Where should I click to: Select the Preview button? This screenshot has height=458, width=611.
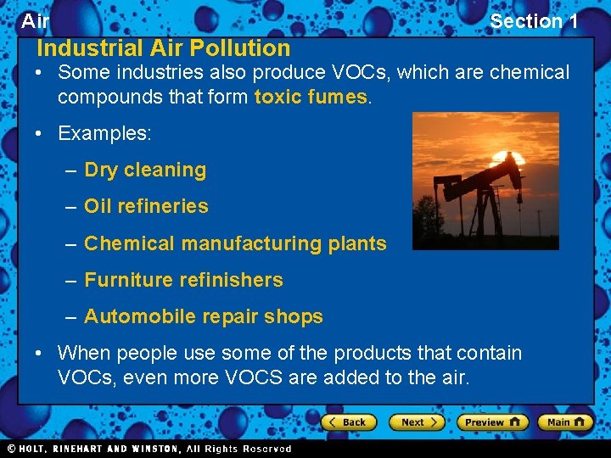[x=492, y=422]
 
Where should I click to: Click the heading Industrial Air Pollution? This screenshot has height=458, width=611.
[x=163, y=48]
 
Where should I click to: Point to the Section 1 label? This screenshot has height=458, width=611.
[x=534, y=21]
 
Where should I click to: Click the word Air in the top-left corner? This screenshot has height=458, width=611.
[x=35, y=21]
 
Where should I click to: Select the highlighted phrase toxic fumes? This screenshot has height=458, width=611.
[x=311, y=97]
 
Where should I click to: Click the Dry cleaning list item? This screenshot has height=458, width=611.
[x=145, y=170]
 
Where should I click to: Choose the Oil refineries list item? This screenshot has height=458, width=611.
[x=146, y=206]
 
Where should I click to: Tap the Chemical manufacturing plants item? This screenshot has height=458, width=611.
[x=235, y=243]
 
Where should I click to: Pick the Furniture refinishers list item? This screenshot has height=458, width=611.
[x=183, y=280]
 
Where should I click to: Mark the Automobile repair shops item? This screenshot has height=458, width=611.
[x=204, y=316]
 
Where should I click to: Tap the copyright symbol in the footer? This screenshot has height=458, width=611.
[x=11, y=449]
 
